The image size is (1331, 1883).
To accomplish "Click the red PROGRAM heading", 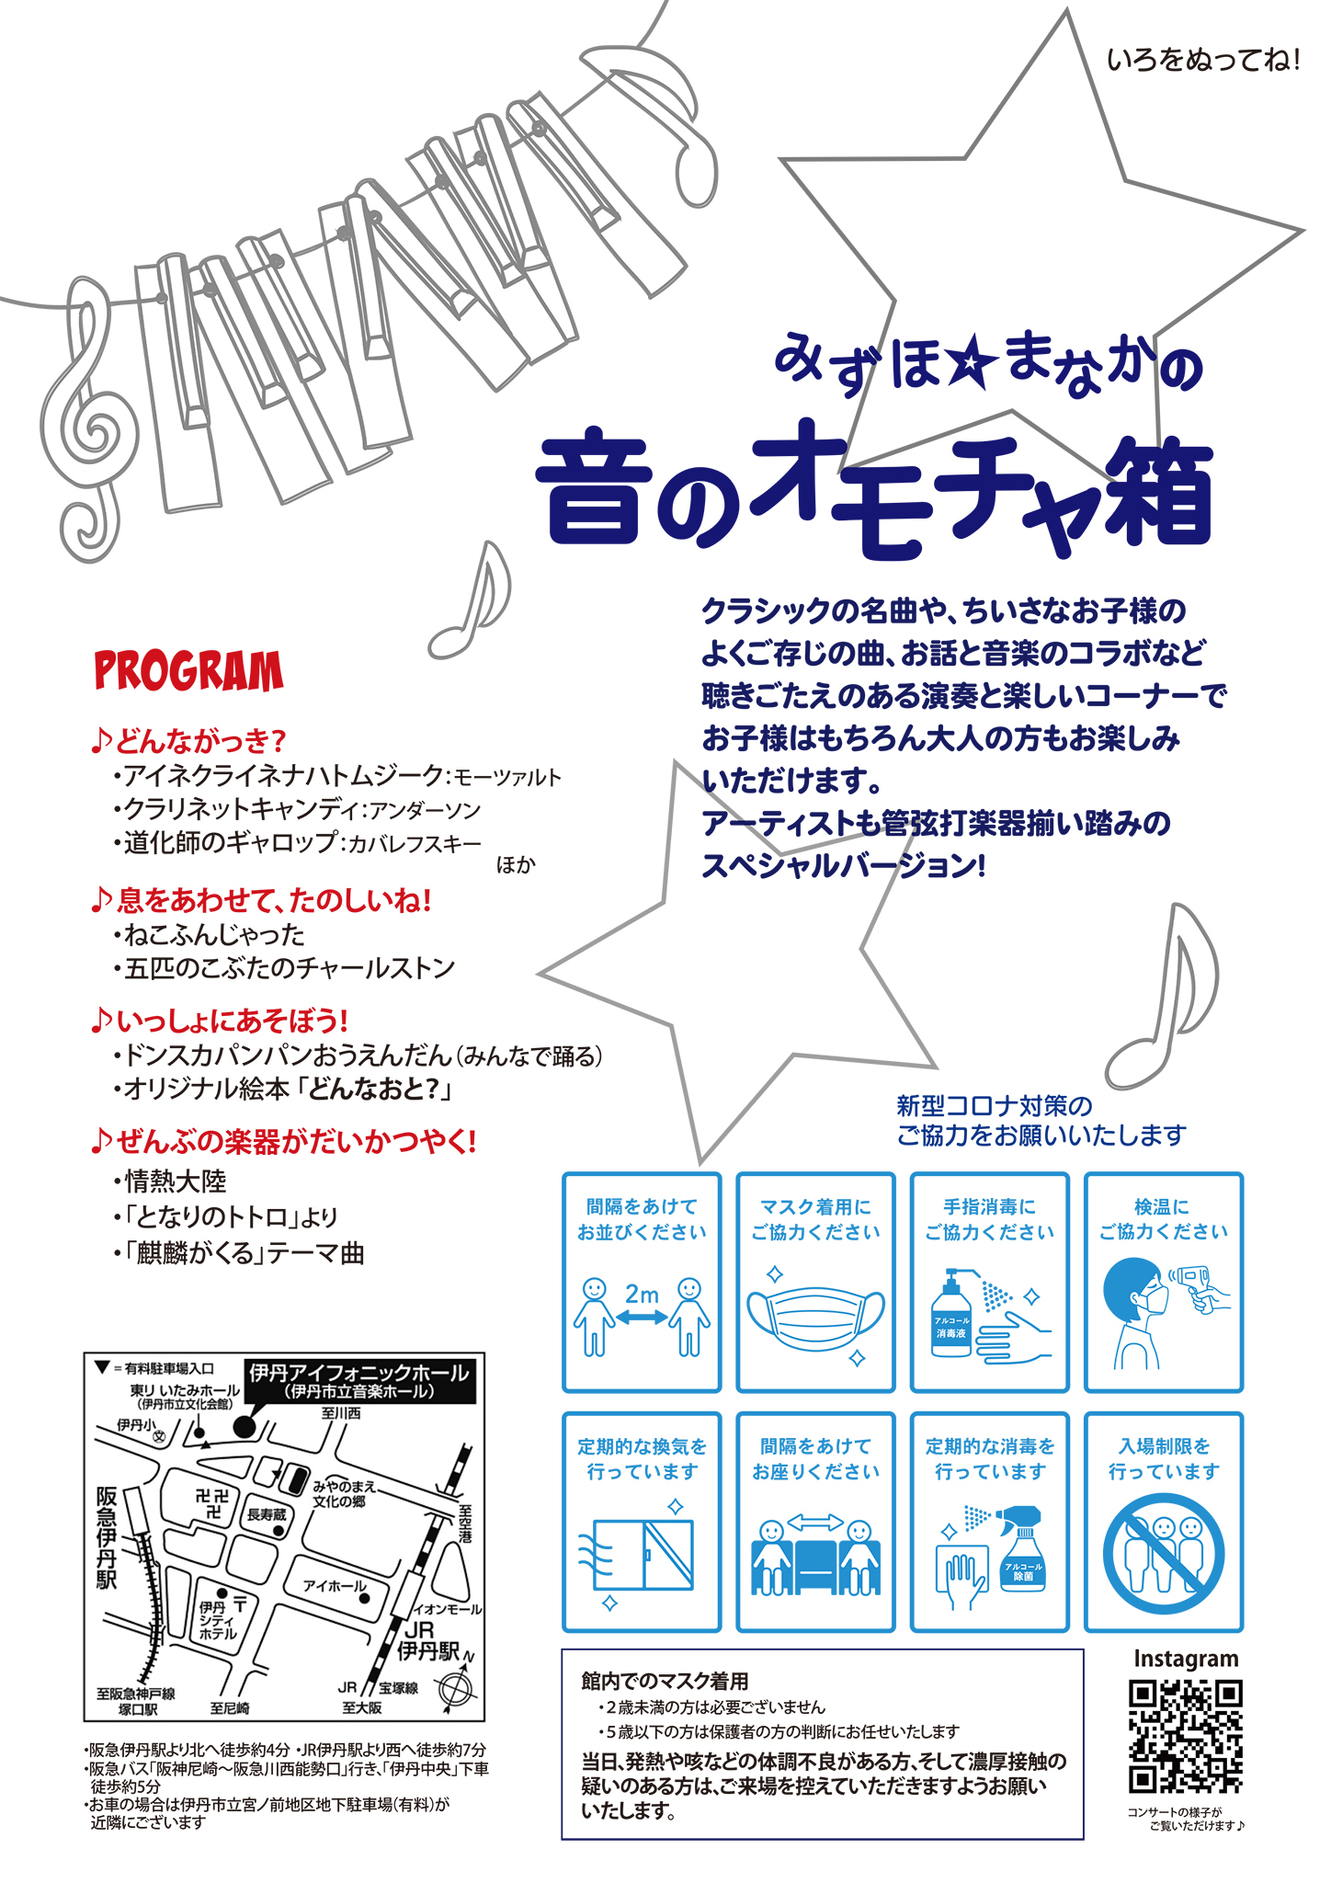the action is coord(188,671).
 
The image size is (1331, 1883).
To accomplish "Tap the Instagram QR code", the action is coord(1186,1737).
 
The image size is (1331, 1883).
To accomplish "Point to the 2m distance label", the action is coord(642,1294).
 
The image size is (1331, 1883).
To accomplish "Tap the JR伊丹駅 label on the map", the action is coord(427,1641).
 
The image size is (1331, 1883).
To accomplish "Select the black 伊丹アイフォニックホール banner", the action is coord(360,1381).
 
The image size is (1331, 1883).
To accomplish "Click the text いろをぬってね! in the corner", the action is coord(1203,61).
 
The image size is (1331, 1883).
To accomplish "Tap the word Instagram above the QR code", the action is coord(1186,1659).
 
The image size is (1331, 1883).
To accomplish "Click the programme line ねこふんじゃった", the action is coord(214,935).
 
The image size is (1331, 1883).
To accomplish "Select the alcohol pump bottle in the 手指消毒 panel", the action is coord(951,1315).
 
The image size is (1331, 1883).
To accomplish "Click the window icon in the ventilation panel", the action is coord(643,1556).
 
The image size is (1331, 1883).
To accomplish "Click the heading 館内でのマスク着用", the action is coord(665,1682).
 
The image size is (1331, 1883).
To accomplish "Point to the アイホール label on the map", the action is coord(335,1585).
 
